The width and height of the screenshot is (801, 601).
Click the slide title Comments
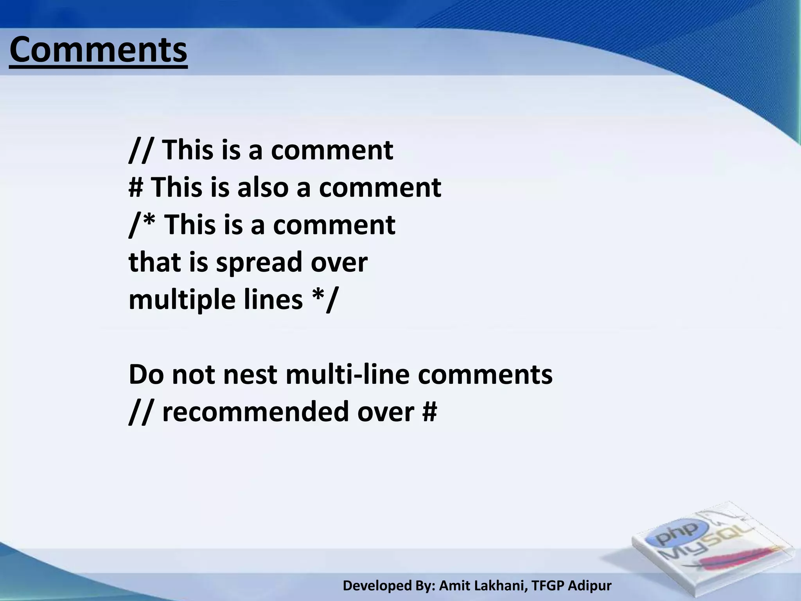pos(98,50)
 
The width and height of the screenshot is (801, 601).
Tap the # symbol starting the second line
pos(136,187)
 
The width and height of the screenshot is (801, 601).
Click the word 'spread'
pos(259,263)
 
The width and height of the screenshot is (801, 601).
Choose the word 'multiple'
pos(181,300)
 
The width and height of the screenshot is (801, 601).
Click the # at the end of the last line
pos(429,412)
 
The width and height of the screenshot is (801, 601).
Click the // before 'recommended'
pos(140,412)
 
